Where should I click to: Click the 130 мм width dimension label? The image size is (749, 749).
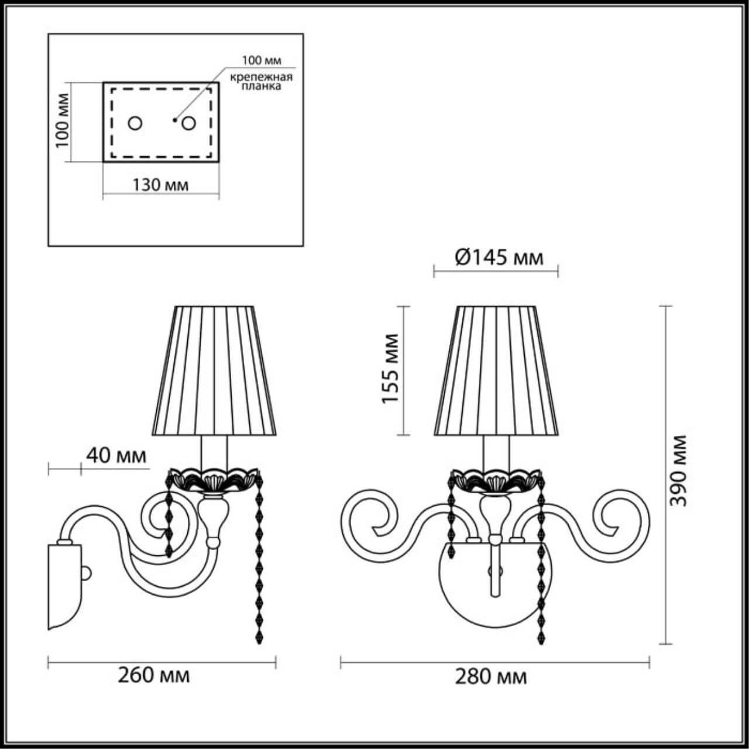pyautogui.click(x=160, y=185)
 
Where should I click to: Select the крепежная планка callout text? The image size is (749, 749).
pyautogui.click(x=260, y=81)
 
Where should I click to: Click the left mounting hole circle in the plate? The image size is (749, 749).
pyautogui.click(x=135, y=123)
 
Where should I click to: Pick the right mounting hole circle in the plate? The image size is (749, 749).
pyautogui.click(x=188, y=123)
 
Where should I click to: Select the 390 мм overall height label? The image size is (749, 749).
pyautogui.click(x=679, y=471)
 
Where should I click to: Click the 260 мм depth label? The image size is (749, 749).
pyautogui.click(x=153, y=675)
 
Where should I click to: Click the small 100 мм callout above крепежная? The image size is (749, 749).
pyautogui.click(x=262, y=60)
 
